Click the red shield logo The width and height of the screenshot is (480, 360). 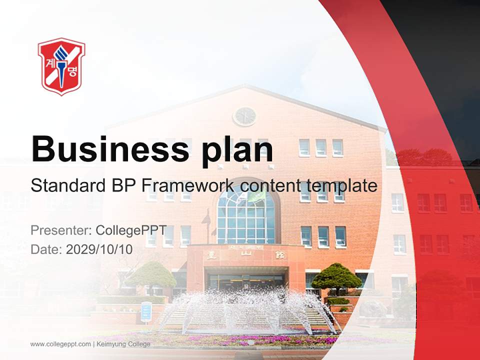(61, 66)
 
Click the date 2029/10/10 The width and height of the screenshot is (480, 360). (99, 249)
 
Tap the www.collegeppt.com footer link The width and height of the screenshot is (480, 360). (60, 344)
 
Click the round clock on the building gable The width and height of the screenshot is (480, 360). (244, 116)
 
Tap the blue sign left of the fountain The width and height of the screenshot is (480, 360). (146, 311)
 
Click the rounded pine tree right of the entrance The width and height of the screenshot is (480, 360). (336, 277)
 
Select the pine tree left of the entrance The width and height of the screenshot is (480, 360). (151, 274)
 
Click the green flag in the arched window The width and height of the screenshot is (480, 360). (257, 195)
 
